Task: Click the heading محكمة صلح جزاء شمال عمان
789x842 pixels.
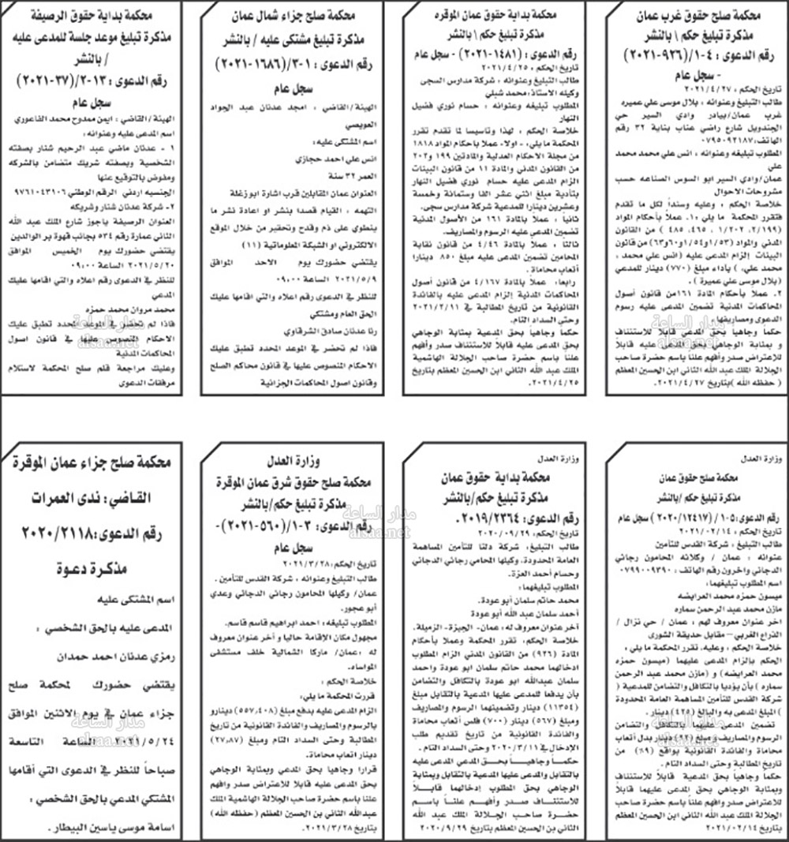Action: (x=295, y=16)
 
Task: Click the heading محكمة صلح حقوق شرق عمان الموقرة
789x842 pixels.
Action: (x=296, y=481)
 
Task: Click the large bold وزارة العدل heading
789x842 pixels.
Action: (x=295, y=462)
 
